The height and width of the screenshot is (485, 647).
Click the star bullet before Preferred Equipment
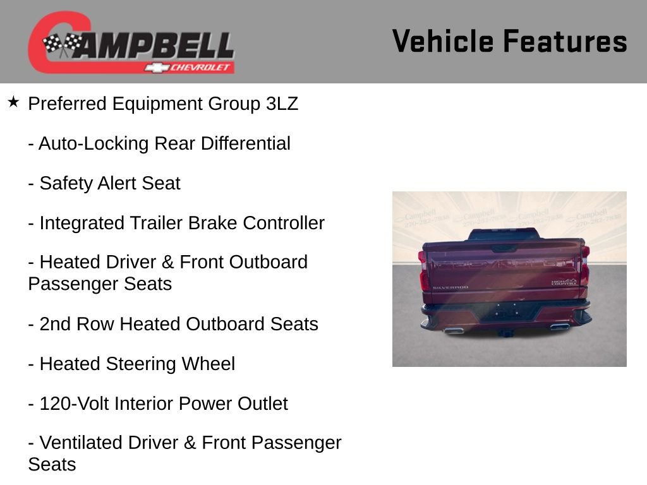click(x=13, y=102)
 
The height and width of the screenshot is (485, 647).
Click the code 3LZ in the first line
click(x=281, y=104)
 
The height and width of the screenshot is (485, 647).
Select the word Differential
click(x=245, y=144)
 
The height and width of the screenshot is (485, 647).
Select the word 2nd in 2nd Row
click(x=55, y=325)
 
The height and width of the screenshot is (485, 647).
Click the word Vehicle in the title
click(x=442, y=42)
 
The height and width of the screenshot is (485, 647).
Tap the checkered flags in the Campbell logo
click(x=62, y=44)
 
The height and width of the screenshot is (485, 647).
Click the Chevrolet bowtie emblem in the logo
click(x=155, y=68)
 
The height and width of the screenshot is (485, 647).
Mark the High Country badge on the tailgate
click(x=564, y=282)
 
